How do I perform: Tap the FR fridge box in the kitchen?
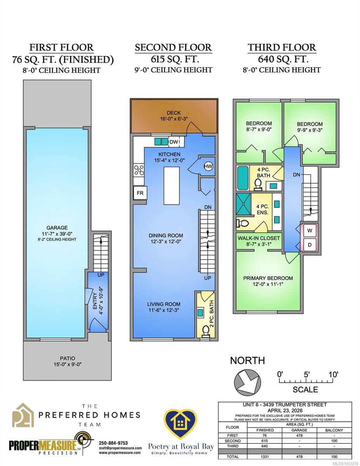[140, 193]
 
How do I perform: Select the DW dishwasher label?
[174, 142]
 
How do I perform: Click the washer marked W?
[310, 231]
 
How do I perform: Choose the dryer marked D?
[310, 245]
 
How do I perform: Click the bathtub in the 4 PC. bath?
[243, 178]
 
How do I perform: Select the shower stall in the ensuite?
[243, 204]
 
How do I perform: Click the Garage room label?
[57, 228]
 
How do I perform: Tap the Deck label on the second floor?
[174, 113]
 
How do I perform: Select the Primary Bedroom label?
[268, 278]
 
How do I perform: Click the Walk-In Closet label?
[259, 238]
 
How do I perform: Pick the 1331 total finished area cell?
[265, 457]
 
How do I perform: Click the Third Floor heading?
[282, 47]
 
